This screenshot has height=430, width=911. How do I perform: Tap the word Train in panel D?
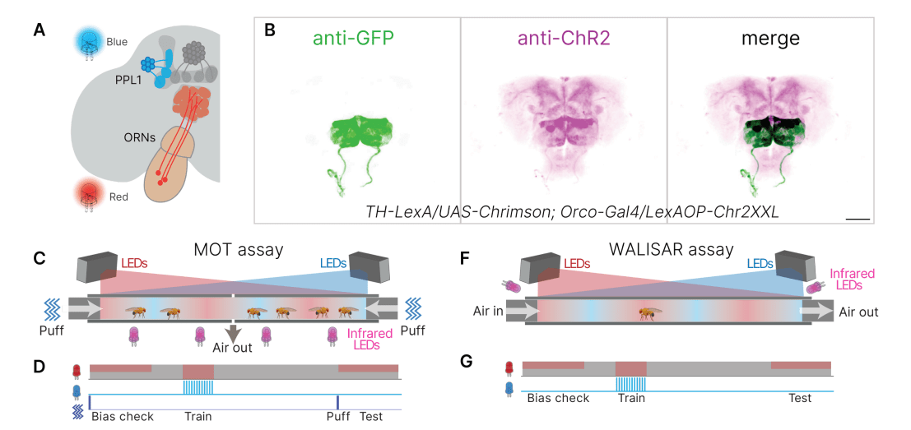tap(198, 416)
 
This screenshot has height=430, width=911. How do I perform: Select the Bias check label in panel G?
tap(558, 398)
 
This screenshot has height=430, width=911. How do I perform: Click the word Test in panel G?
tap(800, 398)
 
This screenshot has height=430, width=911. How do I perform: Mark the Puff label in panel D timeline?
tap(338, 416)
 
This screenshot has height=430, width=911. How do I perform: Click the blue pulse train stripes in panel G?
tap(631, 383)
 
